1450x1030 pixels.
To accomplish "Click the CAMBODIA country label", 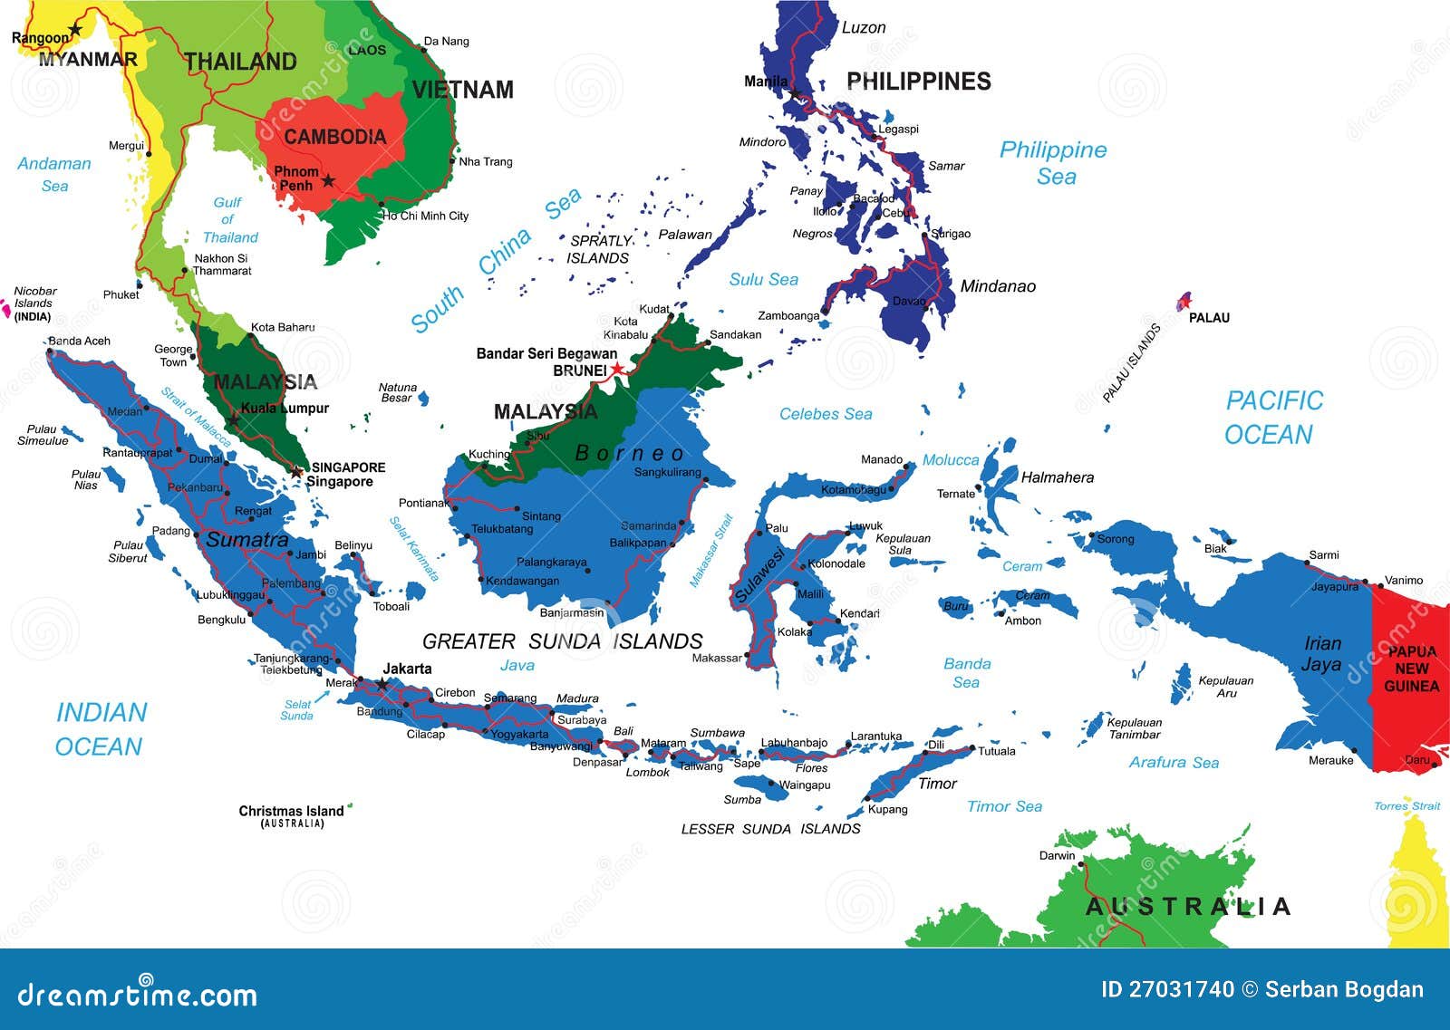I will click(x=334, y=137).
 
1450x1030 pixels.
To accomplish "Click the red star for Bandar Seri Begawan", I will click(x=617, y=369).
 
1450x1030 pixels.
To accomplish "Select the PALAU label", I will click(x=1209, y=318).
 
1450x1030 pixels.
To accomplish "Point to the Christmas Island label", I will click(x=291, y=811).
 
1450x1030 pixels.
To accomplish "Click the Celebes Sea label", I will click(x=826, y=414).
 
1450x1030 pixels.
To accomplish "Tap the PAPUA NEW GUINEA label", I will click(x=1411, y=669).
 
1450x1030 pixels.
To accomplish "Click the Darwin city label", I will click(x=1057, y=855).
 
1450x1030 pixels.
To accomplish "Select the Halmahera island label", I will click(x=1057, y=477).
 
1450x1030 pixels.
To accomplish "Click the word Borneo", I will click(x=630, y=453).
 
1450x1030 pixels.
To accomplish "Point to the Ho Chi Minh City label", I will click(x=425, y=216).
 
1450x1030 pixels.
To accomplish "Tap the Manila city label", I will click(x=766, y=82).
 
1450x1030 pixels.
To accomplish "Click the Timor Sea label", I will click(x=1004, y=806).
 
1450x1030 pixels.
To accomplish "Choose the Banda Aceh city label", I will click(x=80, y=341).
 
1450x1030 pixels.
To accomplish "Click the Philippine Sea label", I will click(x=1053, y=162).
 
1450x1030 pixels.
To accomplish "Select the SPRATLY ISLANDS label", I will click(x=599, y=249).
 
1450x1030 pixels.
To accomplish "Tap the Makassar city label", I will click(x=716, y=658).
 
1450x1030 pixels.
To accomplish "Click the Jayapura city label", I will click(x=1335, y=587).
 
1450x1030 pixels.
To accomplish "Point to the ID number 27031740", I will click(x=1167, y=989).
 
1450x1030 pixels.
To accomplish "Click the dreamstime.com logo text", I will click(x=137, y=994).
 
